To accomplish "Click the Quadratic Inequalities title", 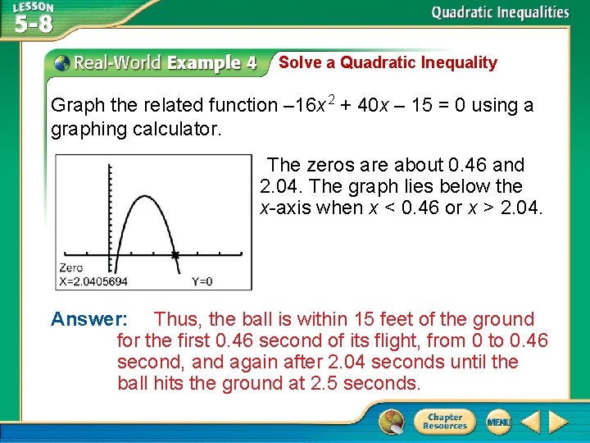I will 500,12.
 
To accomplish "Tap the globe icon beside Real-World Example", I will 61,63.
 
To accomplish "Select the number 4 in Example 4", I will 250,63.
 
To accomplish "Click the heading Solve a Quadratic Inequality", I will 388,62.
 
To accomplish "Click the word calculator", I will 180,130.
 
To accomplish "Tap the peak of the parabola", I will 144,171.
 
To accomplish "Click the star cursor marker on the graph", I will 175,256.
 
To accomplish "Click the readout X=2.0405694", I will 93,281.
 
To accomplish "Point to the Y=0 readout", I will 202,281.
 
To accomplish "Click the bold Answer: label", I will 88,319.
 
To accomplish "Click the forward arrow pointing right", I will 558,422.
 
